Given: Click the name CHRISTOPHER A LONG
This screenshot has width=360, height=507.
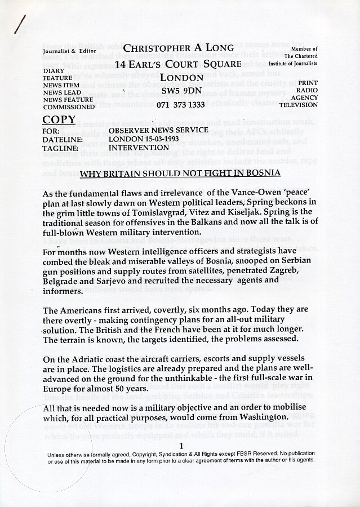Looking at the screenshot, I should pyautogui.click(x=179, y=48).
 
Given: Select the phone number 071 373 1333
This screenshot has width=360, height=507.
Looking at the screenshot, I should pyautogui.click(x=181, y=105).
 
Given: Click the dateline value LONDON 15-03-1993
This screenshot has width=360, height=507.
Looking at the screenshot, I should pyautogui.click(x=148, y=139).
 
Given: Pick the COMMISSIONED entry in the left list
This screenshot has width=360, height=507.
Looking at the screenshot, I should pyautogui.click(x=69, y=107).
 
